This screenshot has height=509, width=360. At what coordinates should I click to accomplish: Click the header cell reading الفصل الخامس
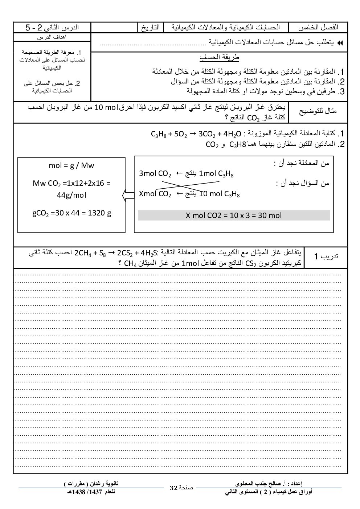[x=318, y=28]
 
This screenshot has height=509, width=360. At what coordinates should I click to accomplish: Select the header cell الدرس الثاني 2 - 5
[x=52, y=28]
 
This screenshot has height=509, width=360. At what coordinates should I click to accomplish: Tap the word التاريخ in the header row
[x=150, y=28]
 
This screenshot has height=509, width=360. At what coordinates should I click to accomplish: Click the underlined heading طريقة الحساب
[x=219, y=57]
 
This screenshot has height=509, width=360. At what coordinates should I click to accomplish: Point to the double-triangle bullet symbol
[x=340, y=43]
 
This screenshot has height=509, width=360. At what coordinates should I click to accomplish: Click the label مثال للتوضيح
[x=318, y=111]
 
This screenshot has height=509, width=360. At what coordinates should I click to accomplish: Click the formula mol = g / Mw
[x=71, y=166]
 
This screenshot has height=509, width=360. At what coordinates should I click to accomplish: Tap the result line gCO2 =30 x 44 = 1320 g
[x=71, y=213]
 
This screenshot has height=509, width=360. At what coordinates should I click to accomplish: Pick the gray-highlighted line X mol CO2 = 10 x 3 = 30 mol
[x=234, y=215]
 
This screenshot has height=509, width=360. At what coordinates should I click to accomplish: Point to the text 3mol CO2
[x=155, y=174]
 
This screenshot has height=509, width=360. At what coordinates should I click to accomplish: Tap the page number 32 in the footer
[x=173, y=488]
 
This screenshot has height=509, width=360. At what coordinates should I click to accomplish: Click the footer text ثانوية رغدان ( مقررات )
[x=91, y=484]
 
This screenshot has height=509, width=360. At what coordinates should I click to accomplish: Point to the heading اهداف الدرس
[x=52, y=37]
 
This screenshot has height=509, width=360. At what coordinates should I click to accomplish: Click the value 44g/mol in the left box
[x=71, y=195]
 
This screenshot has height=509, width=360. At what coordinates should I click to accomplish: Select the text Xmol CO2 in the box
[x=155, y=194]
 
